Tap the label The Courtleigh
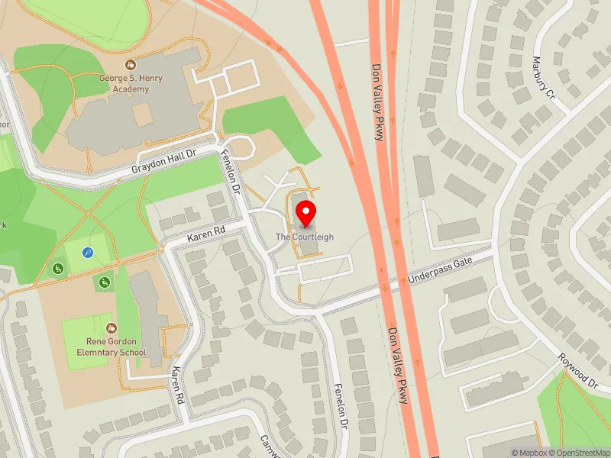point(305,237)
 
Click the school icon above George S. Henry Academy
point(131,66)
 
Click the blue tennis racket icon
point(89,253)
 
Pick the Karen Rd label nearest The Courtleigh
point(208,231)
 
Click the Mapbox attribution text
point(529,453)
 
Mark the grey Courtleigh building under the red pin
point(308,243)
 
